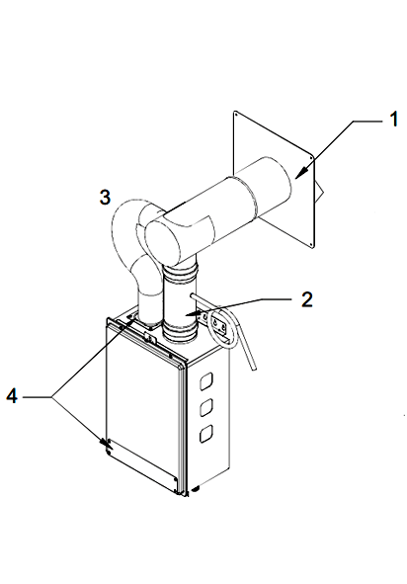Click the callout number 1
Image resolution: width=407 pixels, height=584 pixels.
point(393,120)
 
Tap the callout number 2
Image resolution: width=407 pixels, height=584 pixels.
point(307,299)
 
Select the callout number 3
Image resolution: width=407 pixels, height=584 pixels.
point(105,197)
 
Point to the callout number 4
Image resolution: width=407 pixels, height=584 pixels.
point(12,395)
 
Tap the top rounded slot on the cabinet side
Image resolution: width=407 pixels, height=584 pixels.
point(206,381)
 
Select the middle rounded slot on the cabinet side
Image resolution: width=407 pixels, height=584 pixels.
point(206,408)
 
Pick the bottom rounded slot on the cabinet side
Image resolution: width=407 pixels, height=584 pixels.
point(206,434)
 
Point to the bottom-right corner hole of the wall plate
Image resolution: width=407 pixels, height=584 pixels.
point(312,244)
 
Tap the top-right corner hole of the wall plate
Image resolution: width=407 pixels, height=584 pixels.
point(311,157)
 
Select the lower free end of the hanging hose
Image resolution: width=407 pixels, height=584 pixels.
point(253,369)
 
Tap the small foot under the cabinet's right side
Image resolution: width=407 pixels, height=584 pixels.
point(196,489)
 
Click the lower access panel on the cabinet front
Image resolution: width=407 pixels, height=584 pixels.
point(142,465)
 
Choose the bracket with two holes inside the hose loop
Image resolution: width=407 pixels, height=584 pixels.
point(219,324)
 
